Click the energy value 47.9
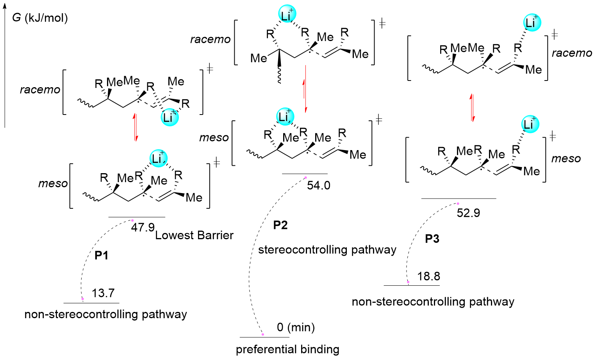pyautogui.click(x=143, y=227)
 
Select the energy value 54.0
pyautogui.click(x=318, y=185)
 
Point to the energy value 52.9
pyautogui.click(x=468, y=213)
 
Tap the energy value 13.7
pyautogui.click(x=103, y=293)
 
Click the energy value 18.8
pyautogui.click(x=428, y=276)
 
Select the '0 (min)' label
pyautogui.click(x=296, y=327)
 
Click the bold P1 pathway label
pyautogui.click(x=102, y=256)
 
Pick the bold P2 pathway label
pyautogui.click(x=280, y=225)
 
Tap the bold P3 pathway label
pyautogui.click(x=432, y=239)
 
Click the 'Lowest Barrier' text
pyautogui.click(x=194, y=235)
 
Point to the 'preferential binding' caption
pyautogui.click(x=287, y=349)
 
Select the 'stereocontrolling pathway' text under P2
pyautogui.click(x=327, y=250)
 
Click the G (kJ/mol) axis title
pyautogui.click(x=40, y=18)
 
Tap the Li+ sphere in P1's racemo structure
pyautogui.click(x=170, y=117)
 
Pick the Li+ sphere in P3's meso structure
pyautogui.click(x=530, y=124)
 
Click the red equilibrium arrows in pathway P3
pyautogui.click(x=473, y=107)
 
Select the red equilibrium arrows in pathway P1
pyautogui.click(x=136, y=127)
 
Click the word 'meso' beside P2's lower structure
pyautogui.click(x=214, y=138)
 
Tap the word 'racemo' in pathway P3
pyautogui.click(x=571, y=53)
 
